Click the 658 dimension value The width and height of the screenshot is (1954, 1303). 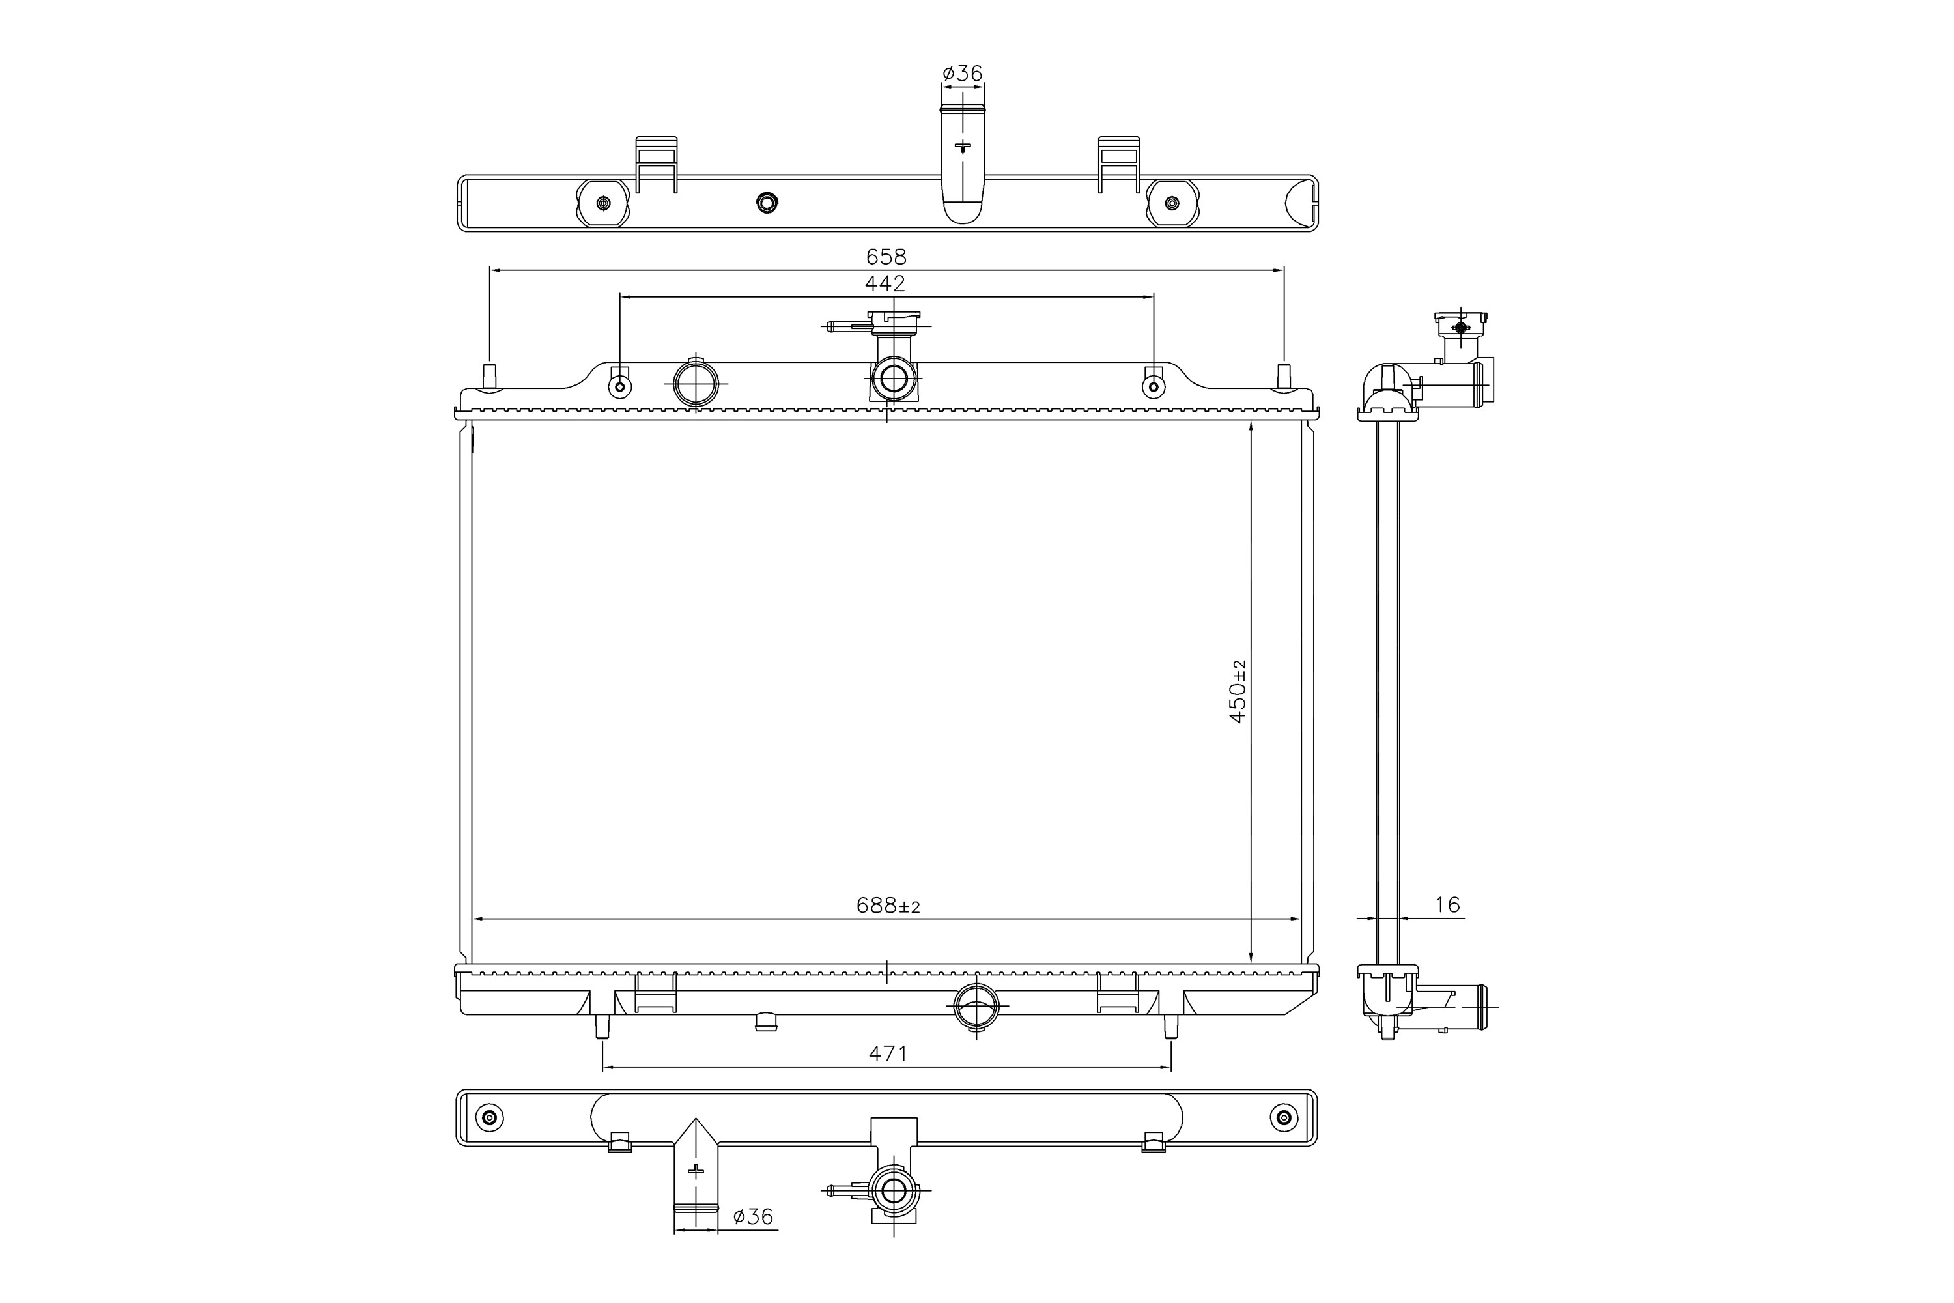tap(886, 257)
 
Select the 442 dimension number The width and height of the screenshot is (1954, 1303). tap(885, 283)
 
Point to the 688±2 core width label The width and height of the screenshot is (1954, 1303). tap(888, 905)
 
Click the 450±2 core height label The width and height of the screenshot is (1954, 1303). tap(1238, 691)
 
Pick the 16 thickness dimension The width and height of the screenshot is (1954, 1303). tap(1447, 905)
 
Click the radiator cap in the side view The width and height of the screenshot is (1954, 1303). tap(1460, 321)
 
